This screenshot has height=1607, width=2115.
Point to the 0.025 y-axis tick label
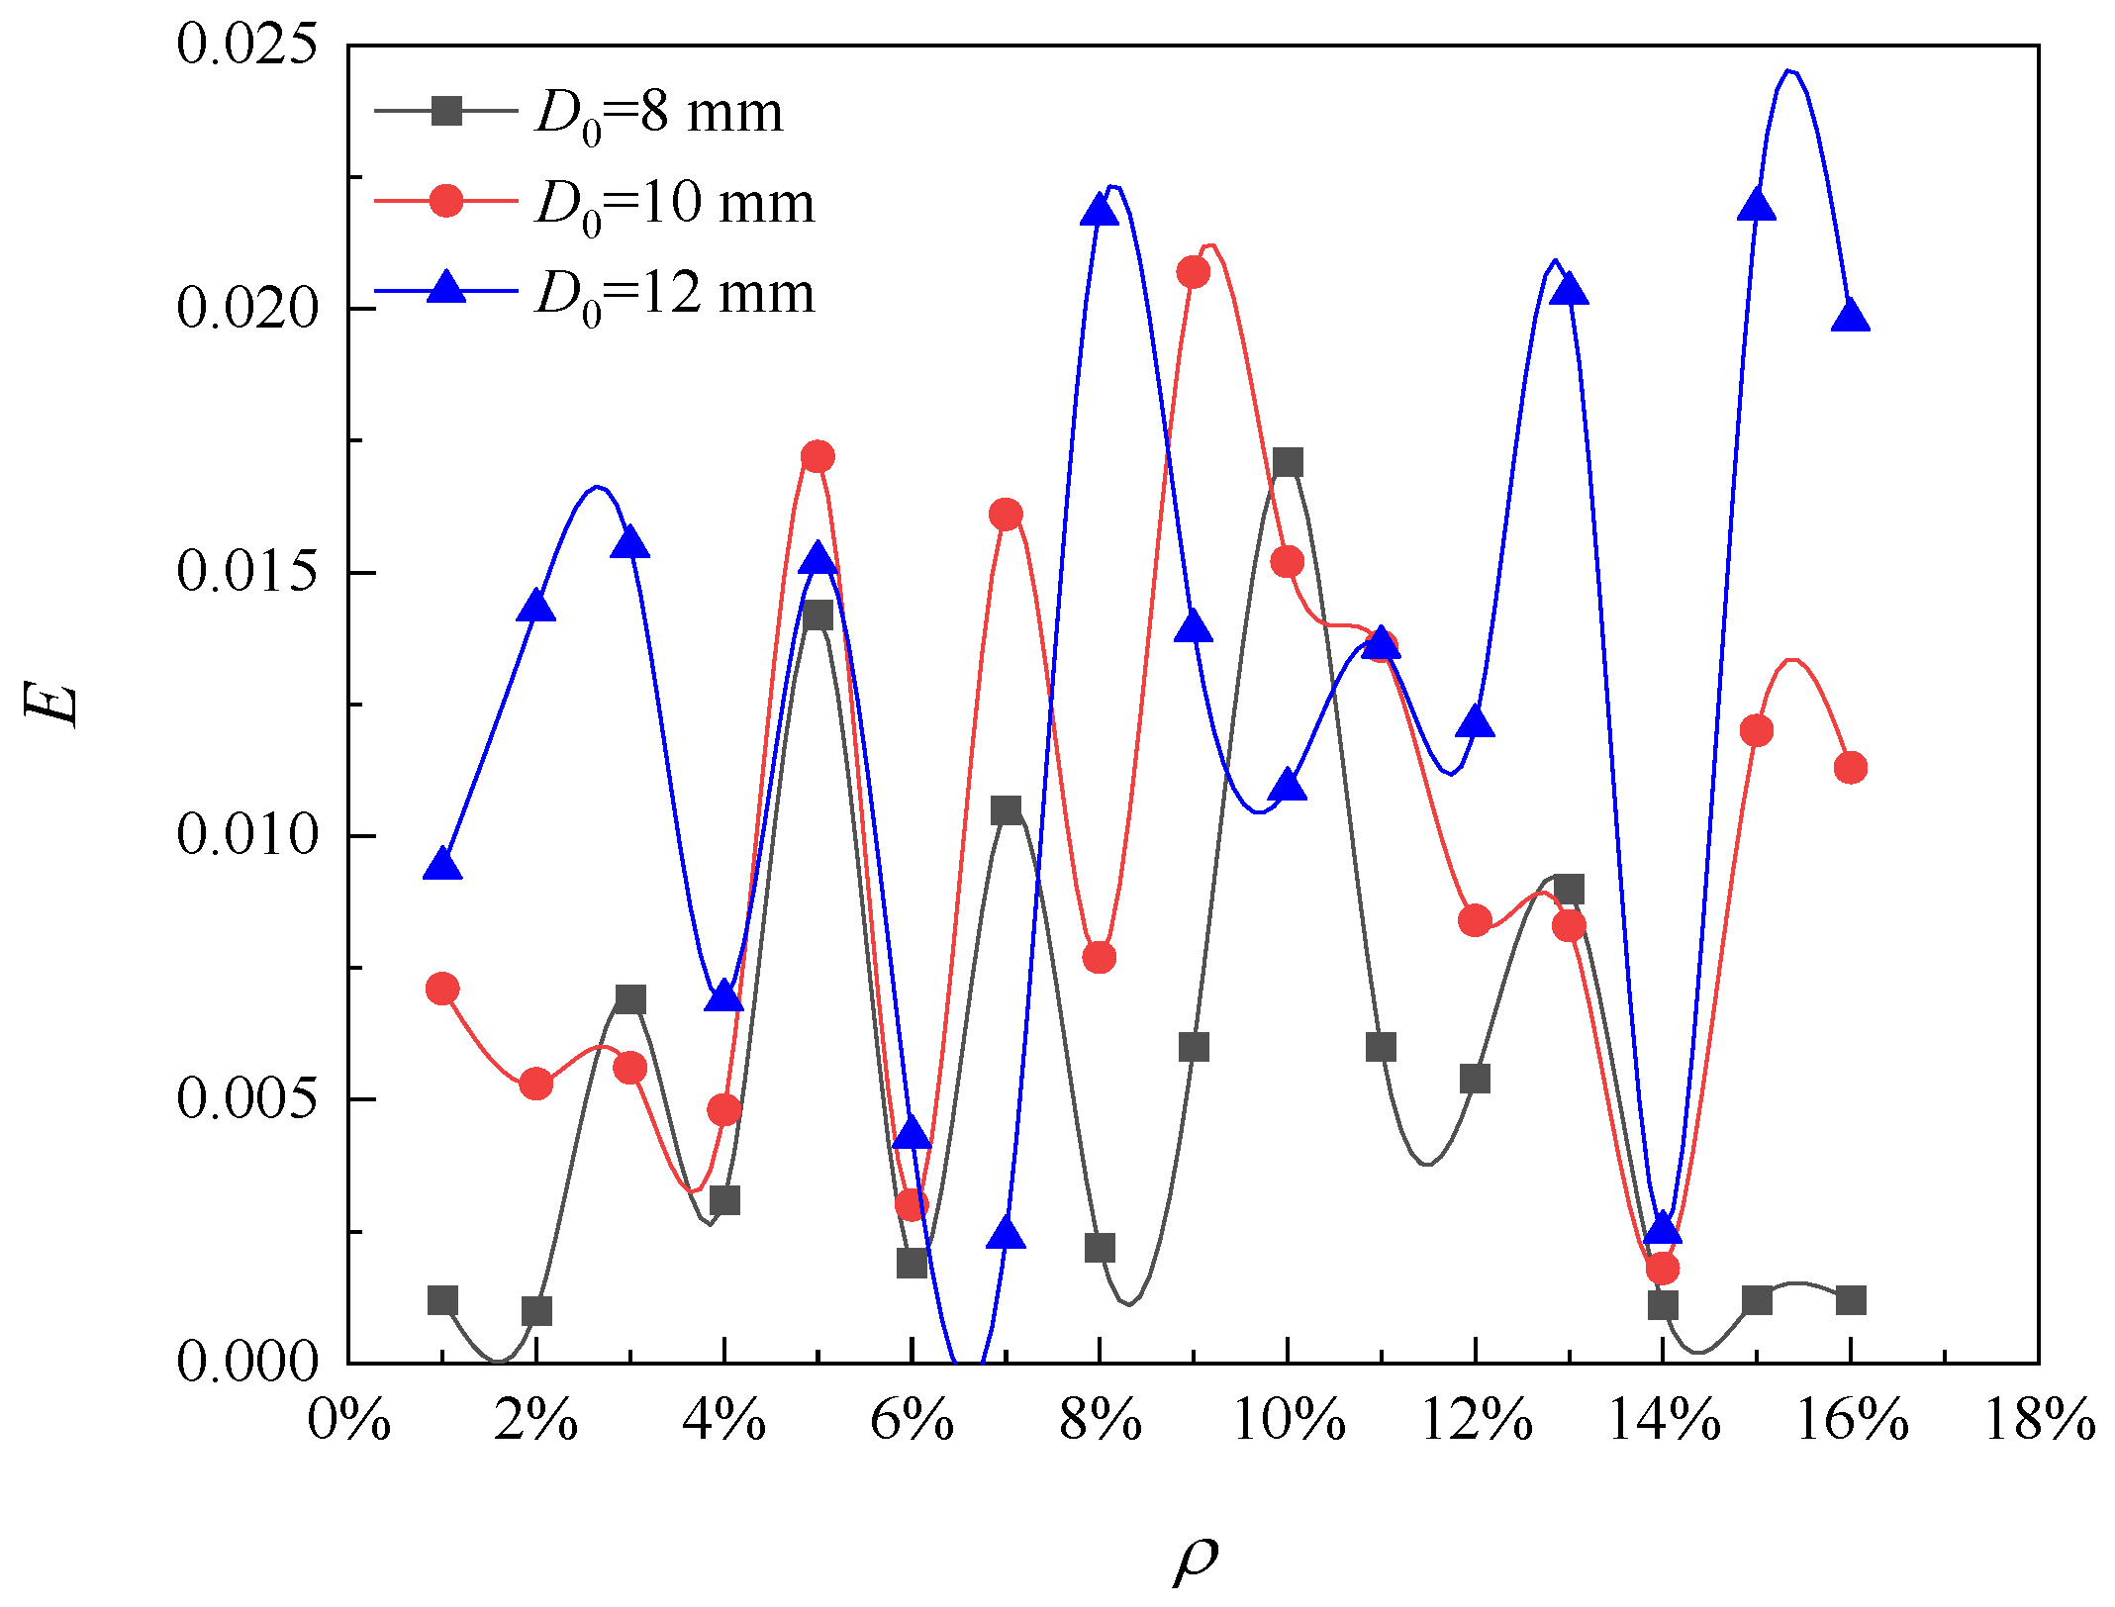pos(247,45)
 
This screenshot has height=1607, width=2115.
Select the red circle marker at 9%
pos(1194,272)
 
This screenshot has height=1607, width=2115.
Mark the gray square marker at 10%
pos(1287,462)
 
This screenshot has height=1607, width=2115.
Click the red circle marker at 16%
pos(1850,767)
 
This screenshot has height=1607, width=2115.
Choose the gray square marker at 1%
pos(442,1299)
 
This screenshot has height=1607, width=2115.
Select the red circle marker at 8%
pos(1099,957)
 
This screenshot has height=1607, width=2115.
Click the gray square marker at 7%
pos(1006,810)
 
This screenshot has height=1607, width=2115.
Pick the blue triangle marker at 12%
pos(1475,722)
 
